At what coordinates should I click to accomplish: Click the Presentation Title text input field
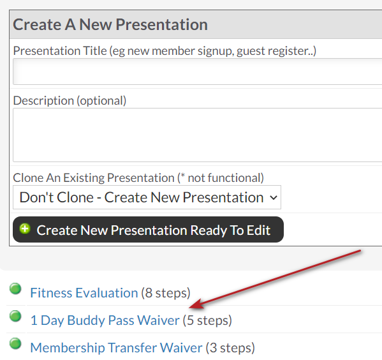pos(197,71)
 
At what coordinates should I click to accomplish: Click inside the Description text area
pos(197,135)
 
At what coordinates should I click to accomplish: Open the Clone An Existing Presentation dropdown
pos(147,197)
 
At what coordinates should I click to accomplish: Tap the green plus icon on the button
pos(25,229)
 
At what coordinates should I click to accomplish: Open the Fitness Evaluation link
pos(84,293)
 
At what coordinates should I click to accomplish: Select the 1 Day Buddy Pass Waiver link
pos(105,320)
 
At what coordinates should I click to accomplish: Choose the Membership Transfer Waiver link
pos(116,347)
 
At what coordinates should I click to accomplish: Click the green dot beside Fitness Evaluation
pos(15,289)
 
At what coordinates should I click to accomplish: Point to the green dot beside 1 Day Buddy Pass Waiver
pos(15,316)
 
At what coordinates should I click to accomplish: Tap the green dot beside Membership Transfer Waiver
pos(15,343)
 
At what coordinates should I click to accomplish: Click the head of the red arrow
pos(190,306)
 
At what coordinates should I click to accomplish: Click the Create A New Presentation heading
pos(110,24)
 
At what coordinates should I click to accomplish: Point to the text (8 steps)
pos(166,293)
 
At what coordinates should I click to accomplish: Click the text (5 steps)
pos(207,320)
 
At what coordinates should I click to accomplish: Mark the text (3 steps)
pos(230,347)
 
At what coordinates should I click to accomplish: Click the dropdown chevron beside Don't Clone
pos(274,198)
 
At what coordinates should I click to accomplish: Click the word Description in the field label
pos(43,100)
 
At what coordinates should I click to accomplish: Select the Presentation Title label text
pos(60,50)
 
